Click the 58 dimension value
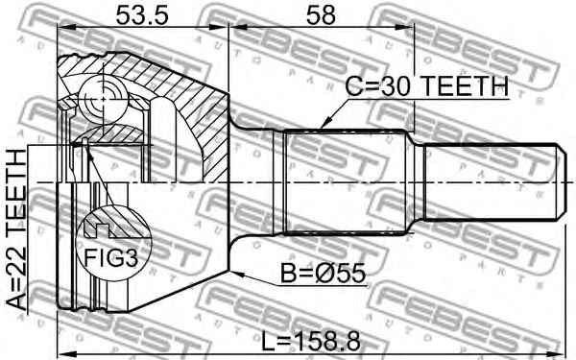pyautogui.click(x=325, y=15)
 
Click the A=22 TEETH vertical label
pyautogui.click(x=17, y=229)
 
